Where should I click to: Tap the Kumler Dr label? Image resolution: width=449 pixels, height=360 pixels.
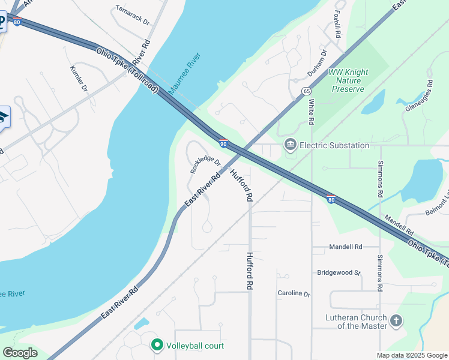(x=79, y=79)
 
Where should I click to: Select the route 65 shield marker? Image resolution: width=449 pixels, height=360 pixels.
(x=306, y=91)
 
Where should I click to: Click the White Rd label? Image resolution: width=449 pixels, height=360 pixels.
(x=312, y=112)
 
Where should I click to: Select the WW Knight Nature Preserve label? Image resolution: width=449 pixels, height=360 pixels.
(x=348, y=80)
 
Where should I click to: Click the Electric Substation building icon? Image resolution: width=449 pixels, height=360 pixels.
(x=291, y=145)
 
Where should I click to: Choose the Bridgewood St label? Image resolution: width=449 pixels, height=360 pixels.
(x=339, y=272)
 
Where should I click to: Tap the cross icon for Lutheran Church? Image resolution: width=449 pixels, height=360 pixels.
(x=396, y=321)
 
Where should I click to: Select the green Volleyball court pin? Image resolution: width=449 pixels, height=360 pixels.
(x=157, y=345)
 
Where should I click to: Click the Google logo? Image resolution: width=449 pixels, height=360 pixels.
(x=20, y=353)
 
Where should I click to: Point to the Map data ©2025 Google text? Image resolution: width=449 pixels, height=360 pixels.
(x=412, y=355)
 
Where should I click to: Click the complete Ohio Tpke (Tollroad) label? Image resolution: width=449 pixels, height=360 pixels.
(x=127, y=70)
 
